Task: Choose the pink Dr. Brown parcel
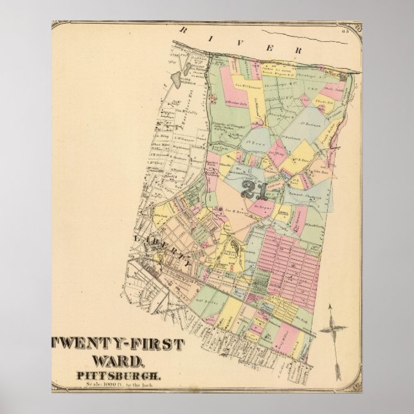(264, 208)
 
